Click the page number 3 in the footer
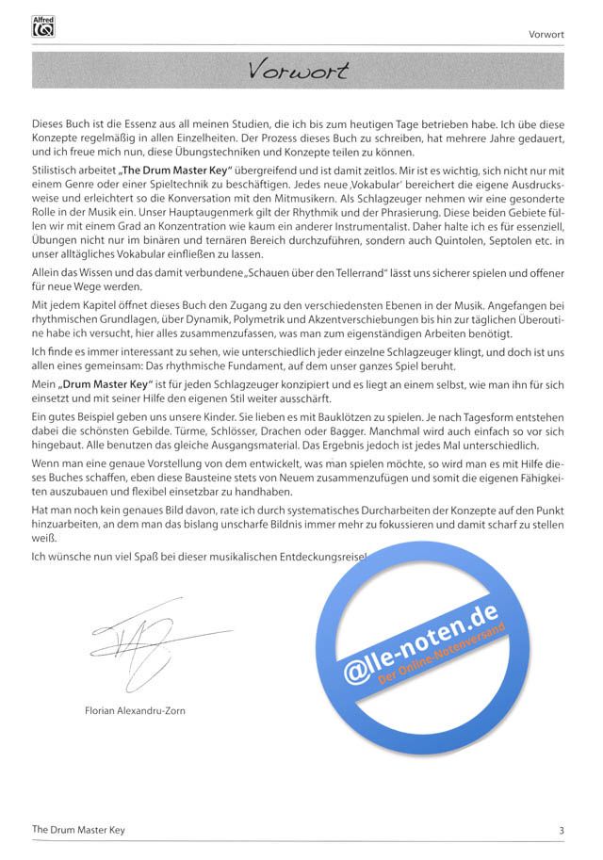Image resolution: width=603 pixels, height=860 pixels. click(x=562, y=830)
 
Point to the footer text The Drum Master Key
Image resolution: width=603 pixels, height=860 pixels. click(x=79, y=830)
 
